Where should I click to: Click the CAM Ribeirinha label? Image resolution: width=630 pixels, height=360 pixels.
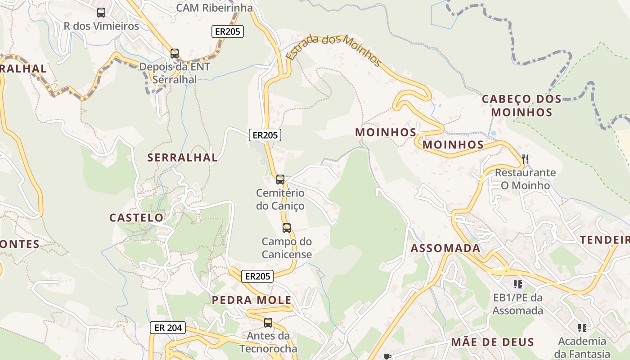click(214, 8)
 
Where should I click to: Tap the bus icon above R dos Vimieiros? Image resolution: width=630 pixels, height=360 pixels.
click(101, 13)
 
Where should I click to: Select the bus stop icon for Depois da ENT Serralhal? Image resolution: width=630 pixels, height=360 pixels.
click(175, 54)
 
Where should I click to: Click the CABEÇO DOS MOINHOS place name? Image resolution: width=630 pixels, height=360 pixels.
click(522, 105)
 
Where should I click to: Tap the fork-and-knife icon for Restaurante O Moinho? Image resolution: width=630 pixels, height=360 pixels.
click(525, 159)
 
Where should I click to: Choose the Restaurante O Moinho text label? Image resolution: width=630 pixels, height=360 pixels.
click(525, 179)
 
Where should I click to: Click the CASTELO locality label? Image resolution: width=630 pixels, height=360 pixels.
click(136, 218)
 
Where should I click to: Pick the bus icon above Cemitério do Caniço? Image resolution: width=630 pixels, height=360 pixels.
click(280, 180)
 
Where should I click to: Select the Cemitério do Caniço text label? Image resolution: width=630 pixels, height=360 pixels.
click(280, 199)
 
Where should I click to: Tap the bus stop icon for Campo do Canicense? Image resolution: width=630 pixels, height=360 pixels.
click(287, 228)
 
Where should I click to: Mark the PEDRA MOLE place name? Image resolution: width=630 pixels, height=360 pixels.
click(252, 300)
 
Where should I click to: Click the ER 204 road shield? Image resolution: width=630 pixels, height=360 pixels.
click(168, 328)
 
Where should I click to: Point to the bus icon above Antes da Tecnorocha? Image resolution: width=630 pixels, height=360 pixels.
click(268, 323)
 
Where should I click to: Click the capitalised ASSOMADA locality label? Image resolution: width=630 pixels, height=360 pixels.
click(445, 248)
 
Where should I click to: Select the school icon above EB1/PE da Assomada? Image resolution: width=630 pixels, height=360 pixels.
click(518, 284)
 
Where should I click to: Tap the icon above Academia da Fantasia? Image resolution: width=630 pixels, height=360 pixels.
click(582, 328)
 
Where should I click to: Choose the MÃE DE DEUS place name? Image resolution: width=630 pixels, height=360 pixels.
click(492, 342)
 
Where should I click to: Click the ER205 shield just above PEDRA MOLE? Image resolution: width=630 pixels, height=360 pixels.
click(257, 276)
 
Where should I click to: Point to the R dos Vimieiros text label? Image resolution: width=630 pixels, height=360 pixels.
click(101, 26)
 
